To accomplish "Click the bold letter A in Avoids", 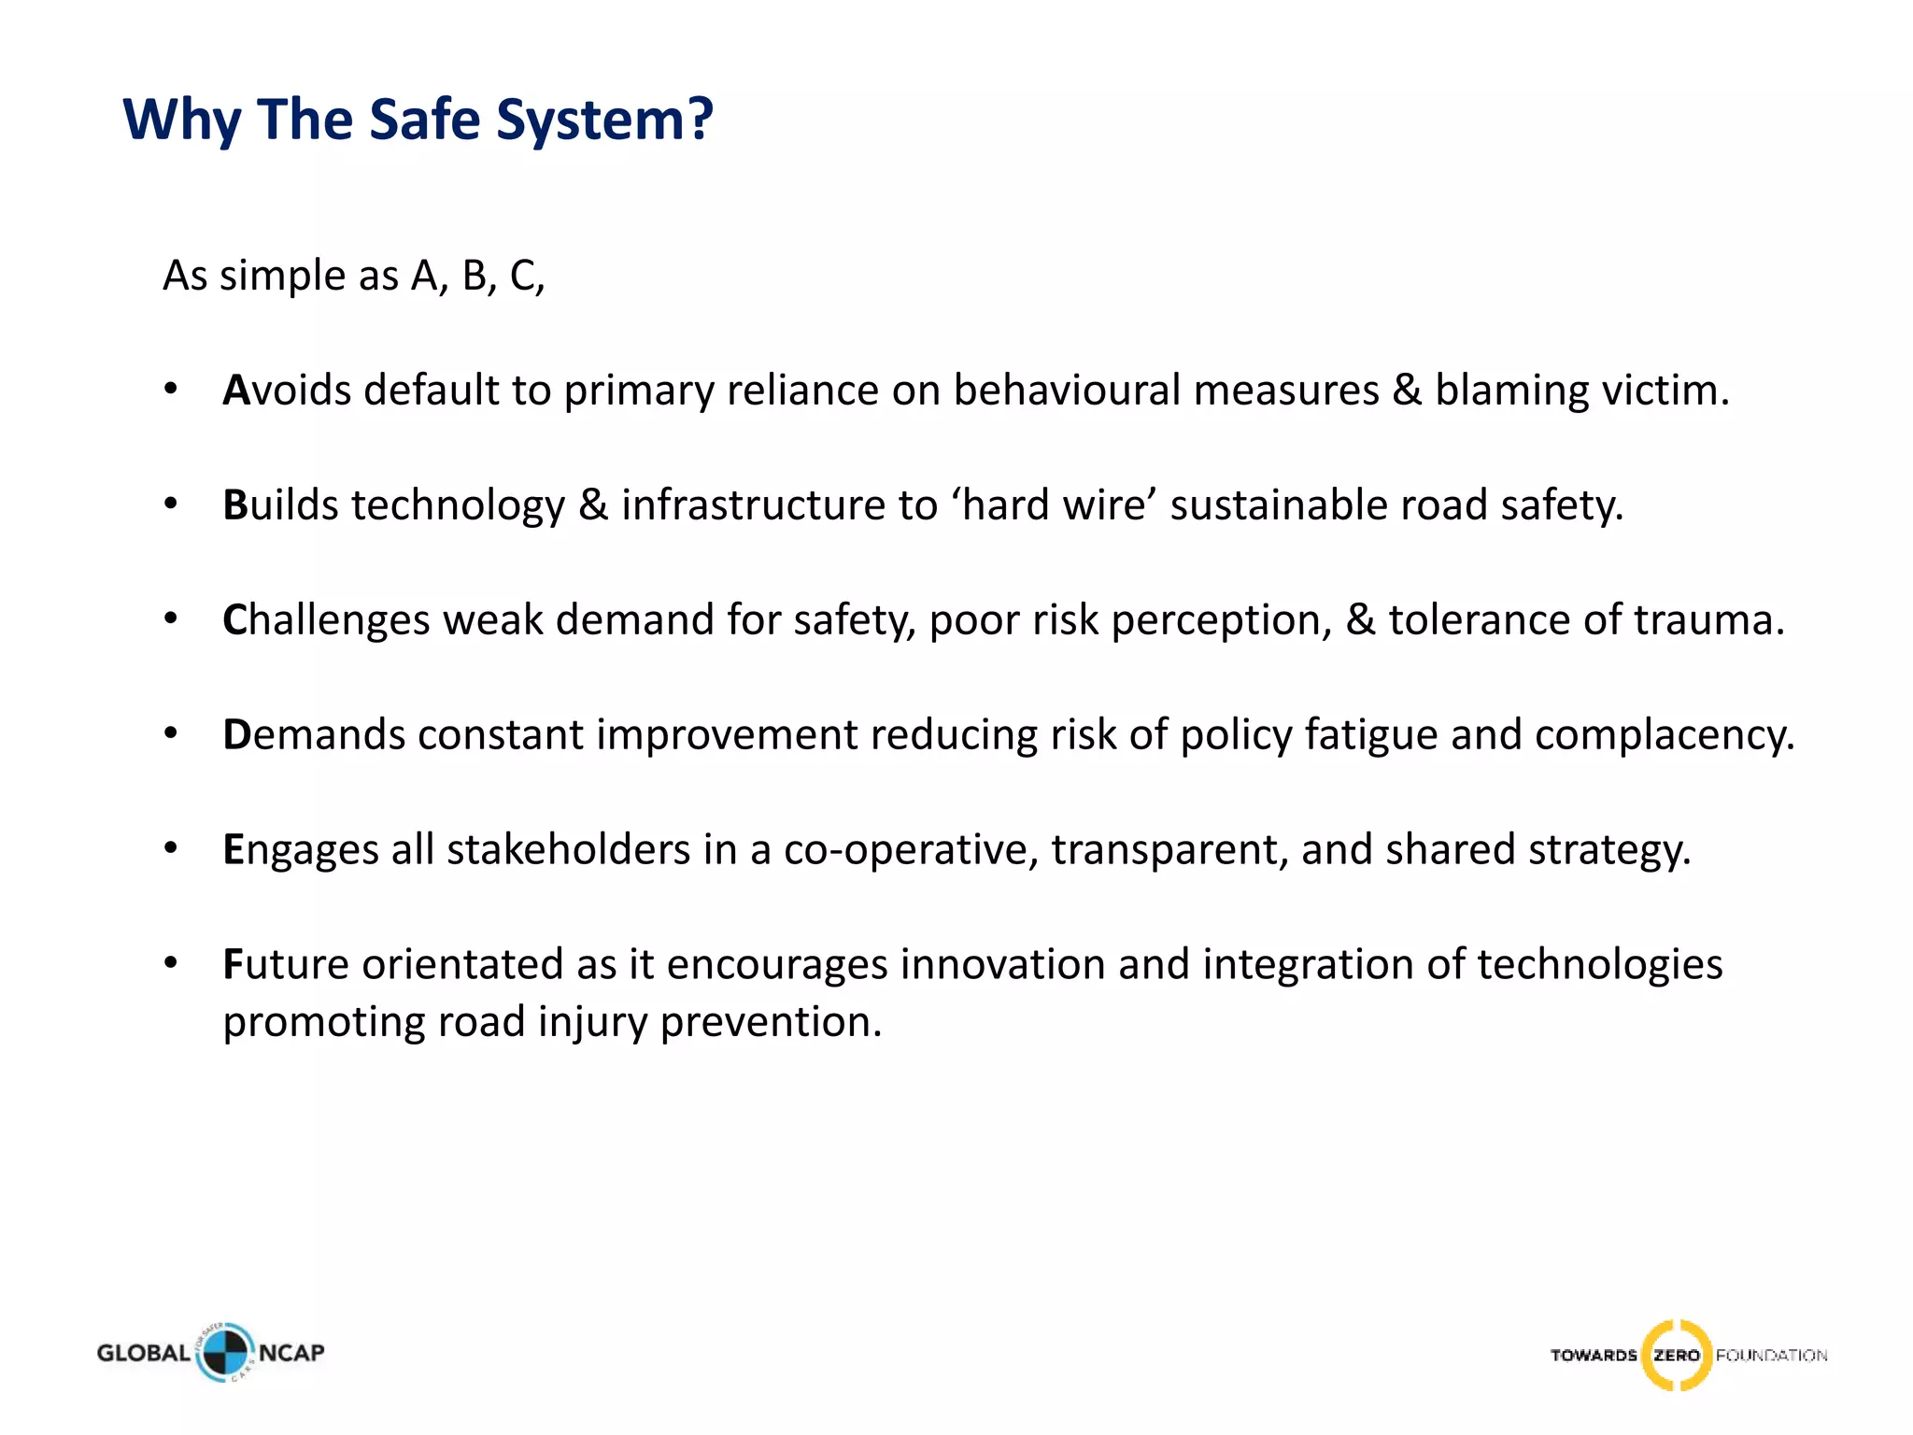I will [x=235, y=390].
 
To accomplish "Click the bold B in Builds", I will [x=234, y=504].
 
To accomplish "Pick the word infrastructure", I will [x=753, y=504].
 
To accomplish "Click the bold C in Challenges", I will [x=234, y=619].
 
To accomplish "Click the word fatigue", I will [x=1370, y=736].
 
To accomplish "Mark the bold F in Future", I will [x=233, y=964].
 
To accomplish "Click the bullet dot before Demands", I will [x=170, y=734].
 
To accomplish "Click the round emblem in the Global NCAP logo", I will [x=224, y=1353].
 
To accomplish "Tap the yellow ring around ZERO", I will [x=1677, y=1355].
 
